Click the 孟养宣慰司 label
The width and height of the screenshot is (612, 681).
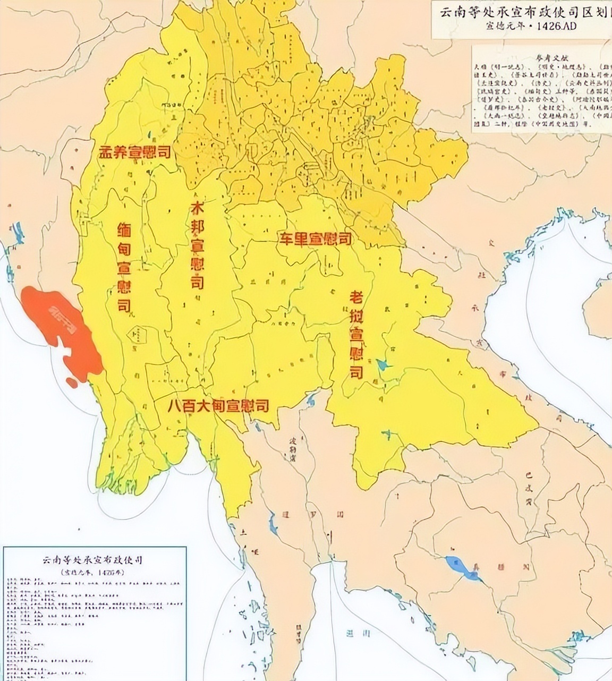[134, 152]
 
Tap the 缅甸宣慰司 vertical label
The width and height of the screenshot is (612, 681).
[124, 267]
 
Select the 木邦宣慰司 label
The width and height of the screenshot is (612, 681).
[197, 246]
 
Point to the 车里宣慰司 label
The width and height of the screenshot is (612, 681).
[316, 239]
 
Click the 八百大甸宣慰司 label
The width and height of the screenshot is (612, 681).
[218, 406]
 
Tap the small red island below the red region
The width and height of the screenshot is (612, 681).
[71, 381]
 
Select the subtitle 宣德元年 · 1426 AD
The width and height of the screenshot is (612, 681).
[522, 26]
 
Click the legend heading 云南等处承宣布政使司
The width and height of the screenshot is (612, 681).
[95, 560]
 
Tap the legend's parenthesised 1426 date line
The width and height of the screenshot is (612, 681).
[95, 572]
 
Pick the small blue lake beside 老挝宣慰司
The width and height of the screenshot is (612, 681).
[382, 364]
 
